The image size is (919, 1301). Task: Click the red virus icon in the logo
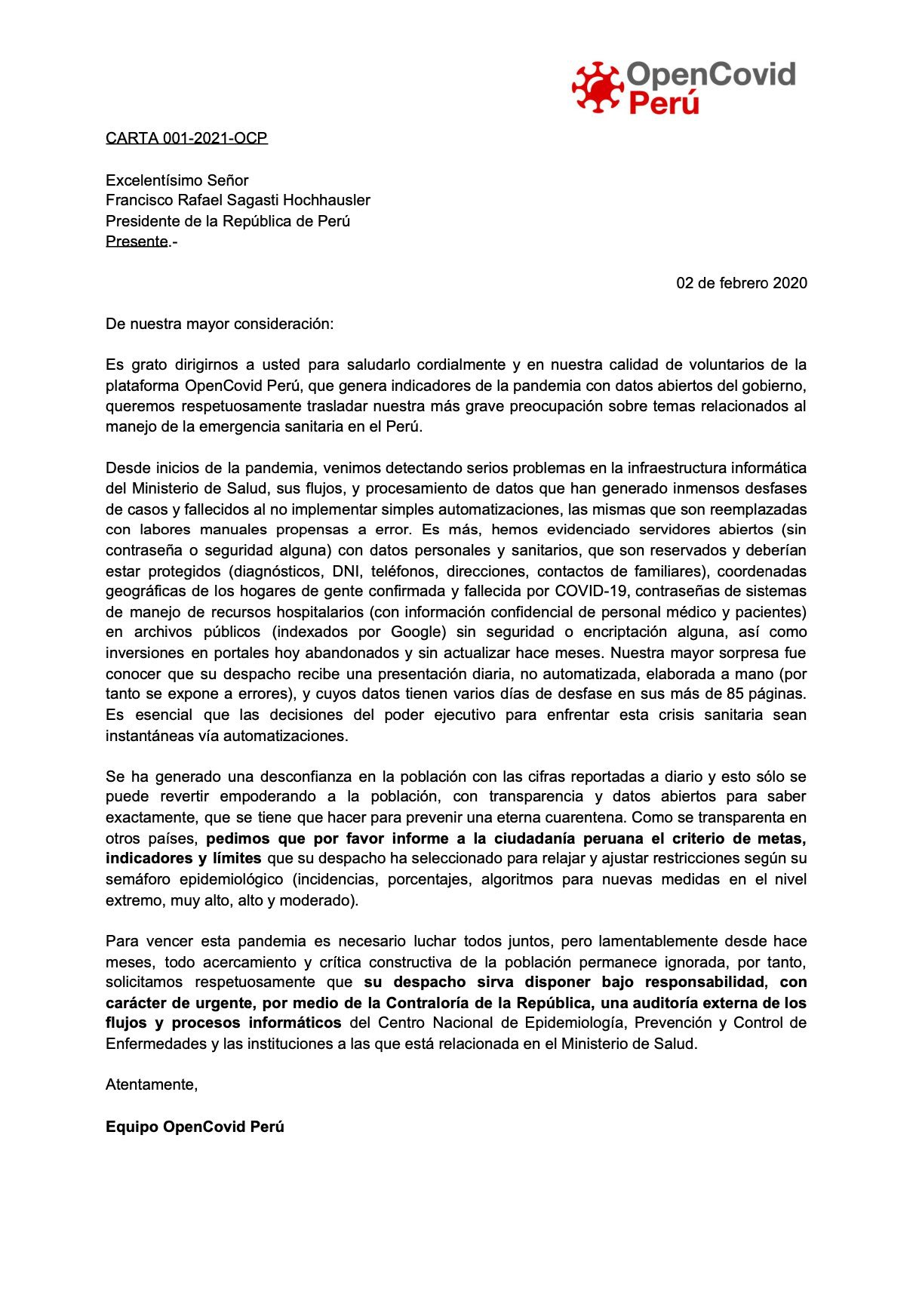[597, 87]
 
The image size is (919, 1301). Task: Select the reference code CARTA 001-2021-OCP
[186, 138]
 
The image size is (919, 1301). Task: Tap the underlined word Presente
[137, 241]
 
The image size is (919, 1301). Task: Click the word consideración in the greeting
[283, 324]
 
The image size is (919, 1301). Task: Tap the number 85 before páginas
[735, 694]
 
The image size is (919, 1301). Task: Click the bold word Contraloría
[447, 1003]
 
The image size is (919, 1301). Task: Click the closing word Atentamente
[151, 1085]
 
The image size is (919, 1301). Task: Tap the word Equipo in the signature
[131, 1127]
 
